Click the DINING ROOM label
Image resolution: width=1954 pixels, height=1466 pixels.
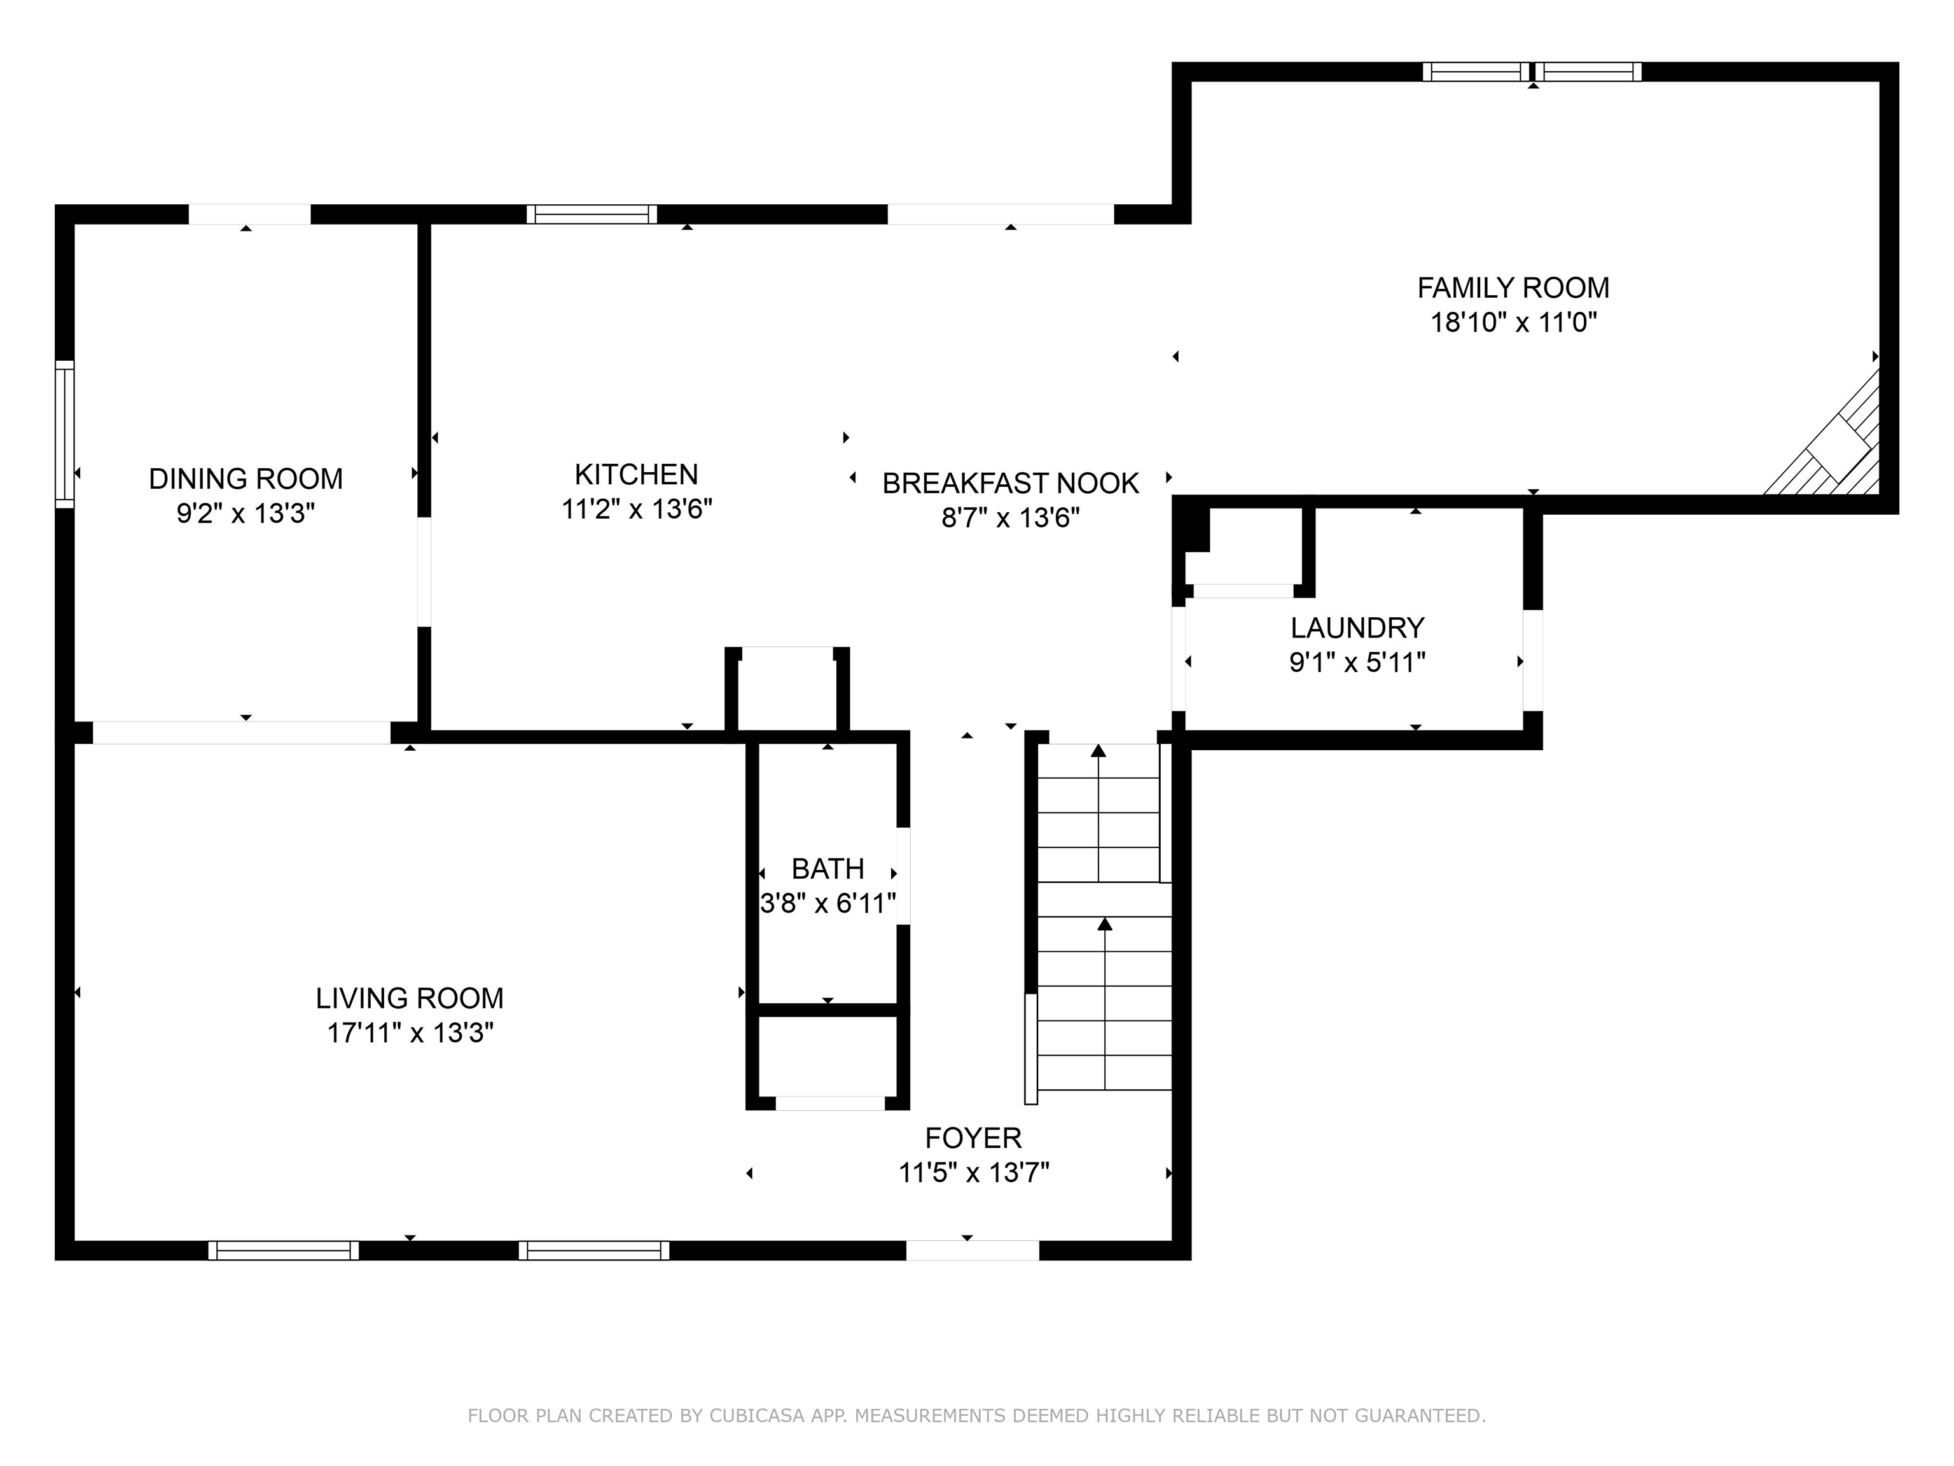click(x=246, y=479)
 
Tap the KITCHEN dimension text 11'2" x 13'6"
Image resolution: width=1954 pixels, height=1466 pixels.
click(x=637, y=509)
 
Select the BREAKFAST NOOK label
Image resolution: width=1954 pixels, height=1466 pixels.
click(x=1011, y=484)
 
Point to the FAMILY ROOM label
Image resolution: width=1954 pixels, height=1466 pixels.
click(x=1513, y=288)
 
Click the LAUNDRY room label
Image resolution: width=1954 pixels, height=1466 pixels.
click(x=1357, y=628)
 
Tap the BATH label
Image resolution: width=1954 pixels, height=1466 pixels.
click(x=828, y=870)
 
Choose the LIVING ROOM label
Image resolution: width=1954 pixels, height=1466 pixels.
click(x=410, y=998)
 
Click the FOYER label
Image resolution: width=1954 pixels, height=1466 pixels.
click(x=973, y=1138)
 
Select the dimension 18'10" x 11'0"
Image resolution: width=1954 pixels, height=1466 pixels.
click(x=1514, y=323)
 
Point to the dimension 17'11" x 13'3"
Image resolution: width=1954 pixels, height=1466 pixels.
click(x=410, y=1033)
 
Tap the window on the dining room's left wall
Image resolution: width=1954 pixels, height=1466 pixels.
click(x=64, y=434)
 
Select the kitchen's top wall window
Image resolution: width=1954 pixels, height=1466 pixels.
click(x=592, y=214)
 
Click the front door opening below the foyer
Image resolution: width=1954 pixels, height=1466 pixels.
click(x=973, y=1250)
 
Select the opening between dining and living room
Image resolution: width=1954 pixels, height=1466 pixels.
click(x=241, y=732)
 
